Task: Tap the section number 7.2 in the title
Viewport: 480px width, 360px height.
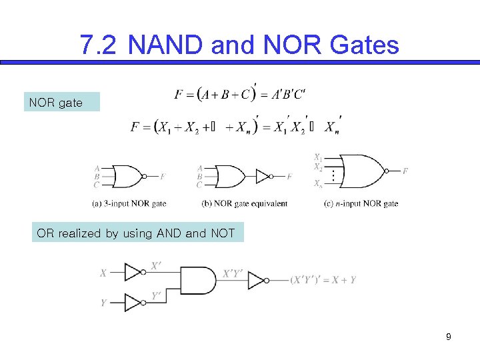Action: coord(99,45)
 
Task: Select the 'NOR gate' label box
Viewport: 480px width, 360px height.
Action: coord(61,103)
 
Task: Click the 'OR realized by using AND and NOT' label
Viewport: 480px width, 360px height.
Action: coord(137,233)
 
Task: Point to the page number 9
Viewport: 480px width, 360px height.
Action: coord(449,337)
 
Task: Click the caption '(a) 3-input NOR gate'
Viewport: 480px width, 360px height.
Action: coord(129,203)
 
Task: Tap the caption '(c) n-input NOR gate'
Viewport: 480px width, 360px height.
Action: coord(361,203)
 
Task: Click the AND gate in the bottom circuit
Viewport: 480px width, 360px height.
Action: coord(199,280)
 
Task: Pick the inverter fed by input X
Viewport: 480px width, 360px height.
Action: coord(133,273)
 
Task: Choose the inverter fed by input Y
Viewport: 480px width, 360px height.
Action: coord(133,303)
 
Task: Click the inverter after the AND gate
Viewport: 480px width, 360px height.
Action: coord(257,280)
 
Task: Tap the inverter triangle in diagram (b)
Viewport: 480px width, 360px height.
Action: coord(263,177)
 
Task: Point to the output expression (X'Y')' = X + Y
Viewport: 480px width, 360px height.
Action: coord(323,280)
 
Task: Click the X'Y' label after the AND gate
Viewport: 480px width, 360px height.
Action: coord(233,273)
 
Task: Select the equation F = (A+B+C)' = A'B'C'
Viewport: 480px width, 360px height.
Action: coord(241,93)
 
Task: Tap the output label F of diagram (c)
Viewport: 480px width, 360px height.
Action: coord(405,171)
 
